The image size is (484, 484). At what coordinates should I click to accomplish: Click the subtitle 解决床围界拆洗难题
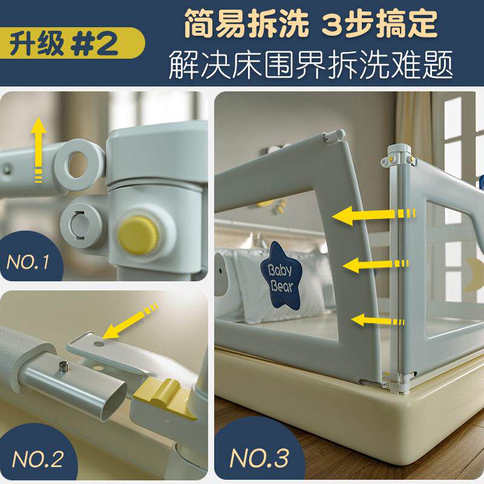pyautogui.click(x=311, y=65)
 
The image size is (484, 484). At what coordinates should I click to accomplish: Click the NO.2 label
pyautogui.click(x=38, y=459)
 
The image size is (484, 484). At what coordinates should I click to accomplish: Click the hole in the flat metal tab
pyautogui.click(x=100, y=342)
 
